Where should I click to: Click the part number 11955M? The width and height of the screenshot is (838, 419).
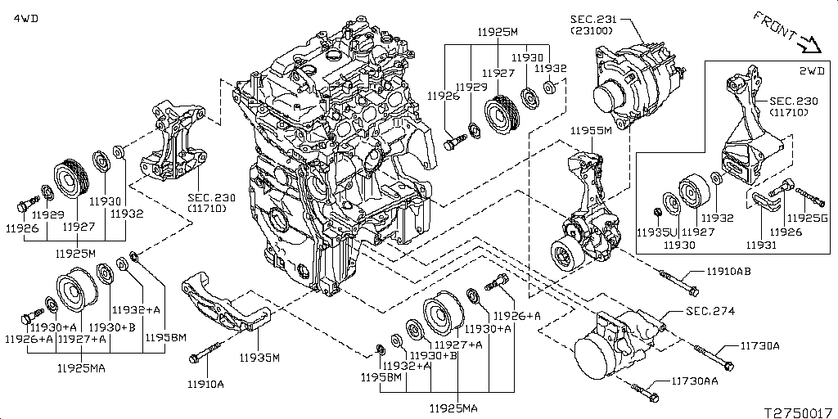tap(594, 130)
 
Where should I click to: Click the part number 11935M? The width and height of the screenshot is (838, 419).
tap(259, 358)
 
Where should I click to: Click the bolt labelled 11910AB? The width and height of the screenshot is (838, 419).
tap(678, 282)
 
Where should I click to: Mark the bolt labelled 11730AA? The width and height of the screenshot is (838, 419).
tap(646, 391)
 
